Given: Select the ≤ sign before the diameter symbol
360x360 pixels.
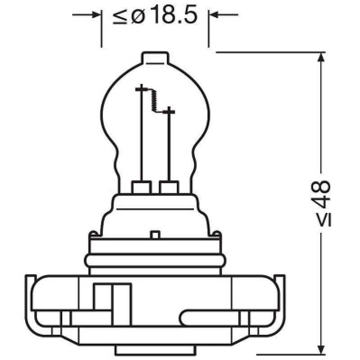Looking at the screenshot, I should [x=120, y=17].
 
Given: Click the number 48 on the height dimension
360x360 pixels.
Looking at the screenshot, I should [x=323, y=194].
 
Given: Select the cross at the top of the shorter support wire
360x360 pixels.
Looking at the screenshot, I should [x=169, y=110].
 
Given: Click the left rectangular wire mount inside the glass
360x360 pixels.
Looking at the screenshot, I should [x=142, y=187].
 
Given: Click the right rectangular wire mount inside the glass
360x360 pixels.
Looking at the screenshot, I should [x=169, y=187].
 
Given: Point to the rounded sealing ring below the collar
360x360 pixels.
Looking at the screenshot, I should [x=155, y=261].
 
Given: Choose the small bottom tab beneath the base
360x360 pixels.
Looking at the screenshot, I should [x=154, y=350].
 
